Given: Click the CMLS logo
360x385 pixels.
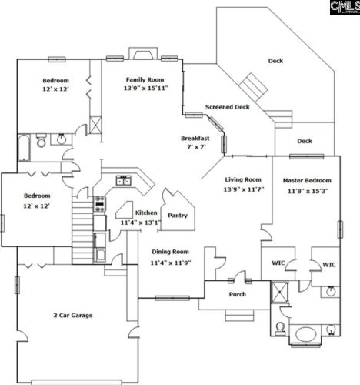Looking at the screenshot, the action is pyautogui.click(x=345, y=7).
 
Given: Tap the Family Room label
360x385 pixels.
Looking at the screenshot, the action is pyautogui.click(x=145, y=80).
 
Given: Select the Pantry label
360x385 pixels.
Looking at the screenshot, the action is pyautogui.click(x=178, y=216).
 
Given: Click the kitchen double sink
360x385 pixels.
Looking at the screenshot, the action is pyautogui.click(x=124, y=180).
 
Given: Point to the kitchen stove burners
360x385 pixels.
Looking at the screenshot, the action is pyautogui.click(x=100, y=204).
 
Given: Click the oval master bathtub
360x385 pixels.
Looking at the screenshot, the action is pyautogui.click(x=305, y=334).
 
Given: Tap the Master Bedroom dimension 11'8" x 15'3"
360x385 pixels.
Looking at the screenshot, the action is pyautogui.click(x=308, y=191).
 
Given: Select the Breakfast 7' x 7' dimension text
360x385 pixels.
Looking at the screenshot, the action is pyautogui.click(x=196, y=147).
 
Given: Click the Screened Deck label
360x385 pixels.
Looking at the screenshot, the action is pyautogui.click(x=228, y=107).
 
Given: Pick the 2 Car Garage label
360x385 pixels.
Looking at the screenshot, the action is pyautogui.click(x=73, y=316).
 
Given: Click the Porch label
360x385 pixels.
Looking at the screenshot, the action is pyautogui.click(x=238, y=294).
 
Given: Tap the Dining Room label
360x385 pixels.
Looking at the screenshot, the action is pyautogui.click(x=170, y=252).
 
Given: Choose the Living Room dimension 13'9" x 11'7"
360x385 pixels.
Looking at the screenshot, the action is pyautogui.click(x=244, y=189).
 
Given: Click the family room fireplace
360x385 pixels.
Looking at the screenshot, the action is pyautogui.click(x=143, y=53).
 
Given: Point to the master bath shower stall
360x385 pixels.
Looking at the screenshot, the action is pyautogui.click(x=280, y=292).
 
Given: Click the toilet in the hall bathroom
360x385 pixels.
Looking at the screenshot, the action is pyautogui.click(x=41, y=140).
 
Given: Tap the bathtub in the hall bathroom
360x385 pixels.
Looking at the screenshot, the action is pyautogui.click(x=24, y=148).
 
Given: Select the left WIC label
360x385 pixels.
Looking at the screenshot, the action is pyautogui.click(x=278, y=263).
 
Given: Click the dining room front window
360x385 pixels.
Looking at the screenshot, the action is pyautogui.click(x=172, y=298).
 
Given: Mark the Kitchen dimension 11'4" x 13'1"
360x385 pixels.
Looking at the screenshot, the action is pyautogui.click(x=141, y=223).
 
